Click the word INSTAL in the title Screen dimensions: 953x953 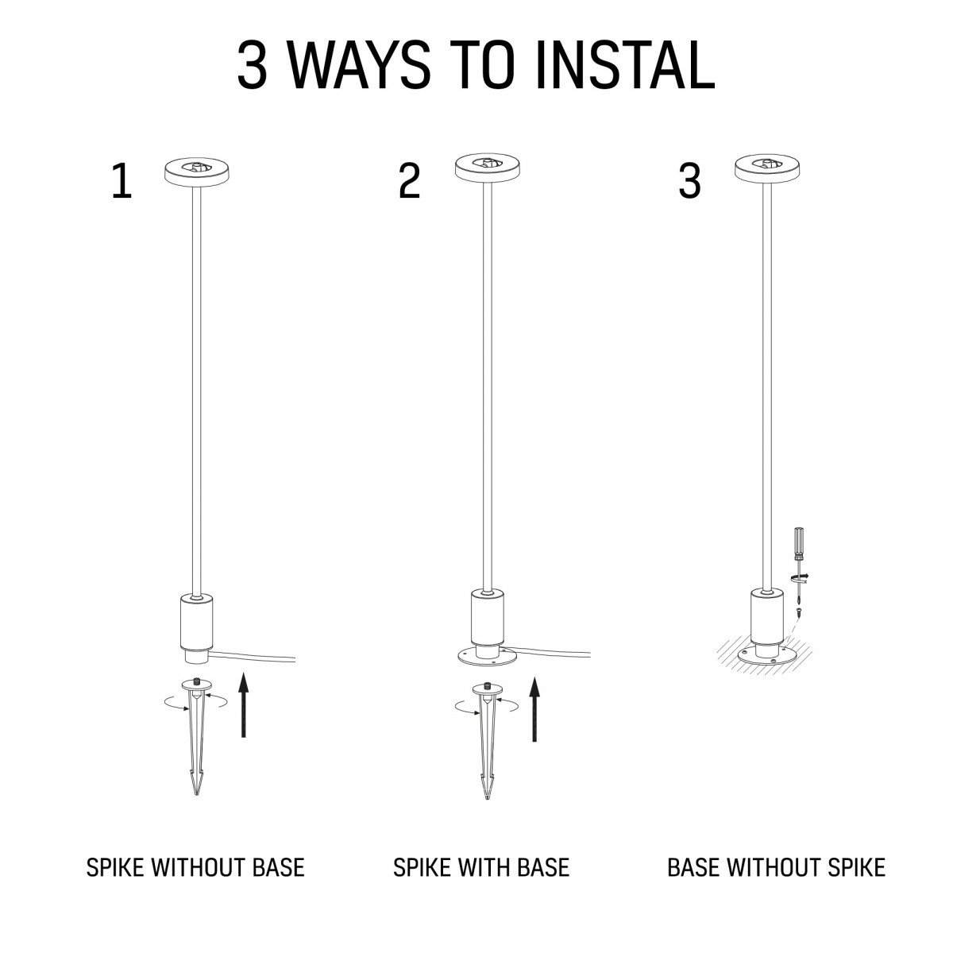[x=625, y=65]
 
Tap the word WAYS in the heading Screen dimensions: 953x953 [x=359, y=65]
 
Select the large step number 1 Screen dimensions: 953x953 [x=122, y=182]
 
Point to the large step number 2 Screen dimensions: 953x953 [x=410, y=182]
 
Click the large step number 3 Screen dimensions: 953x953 [x=689, y=182]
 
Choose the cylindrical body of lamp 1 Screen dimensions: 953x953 [x=197, y=624]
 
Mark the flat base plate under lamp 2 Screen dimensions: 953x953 [x=487, y=656]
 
